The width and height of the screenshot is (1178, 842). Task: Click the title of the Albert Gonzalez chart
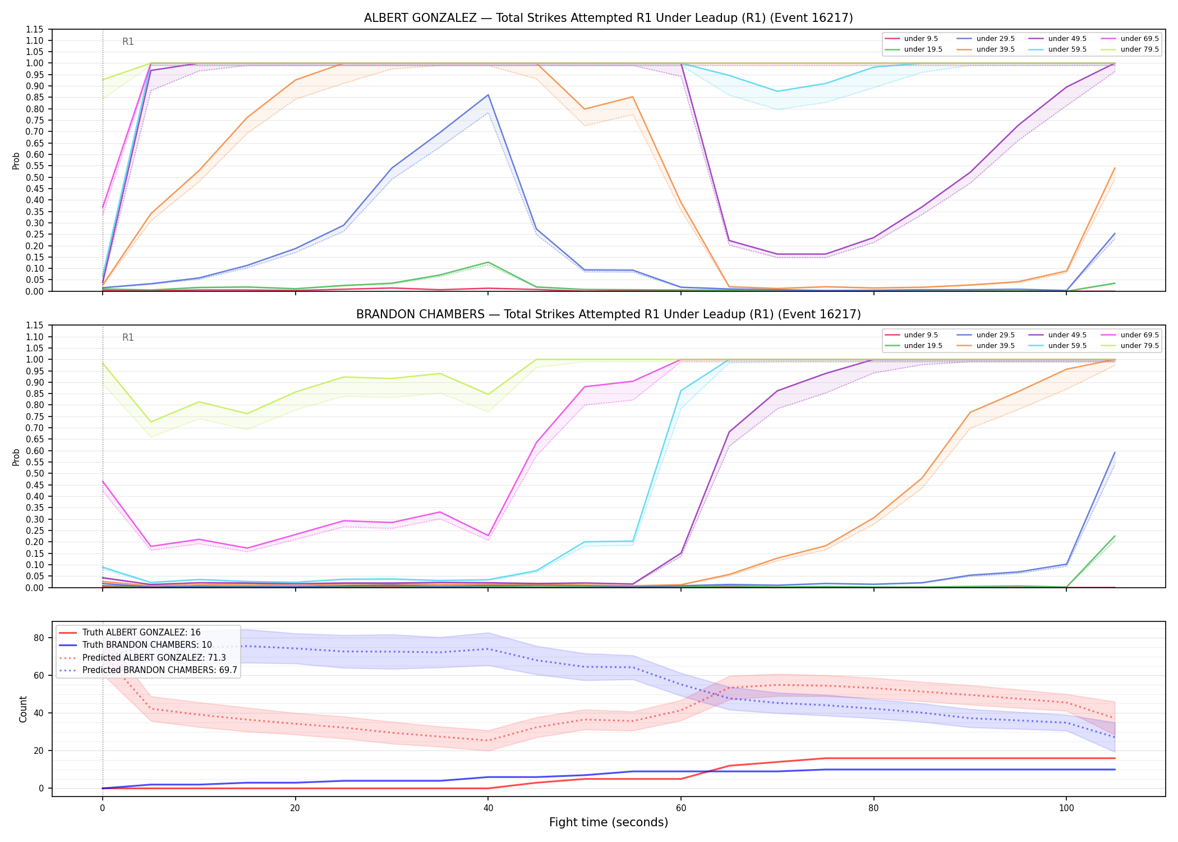609,18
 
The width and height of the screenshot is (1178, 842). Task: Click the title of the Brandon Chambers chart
609,314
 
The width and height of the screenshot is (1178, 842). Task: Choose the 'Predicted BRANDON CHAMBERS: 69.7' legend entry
148,670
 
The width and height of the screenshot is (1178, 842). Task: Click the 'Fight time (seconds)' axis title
609,822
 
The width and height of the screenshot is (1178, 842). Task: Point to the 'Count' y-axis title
23,709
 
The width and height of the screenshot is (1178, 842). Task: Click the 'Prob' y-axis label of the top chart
16,161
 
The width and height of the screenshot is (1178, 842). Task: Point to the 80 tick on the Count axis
39,638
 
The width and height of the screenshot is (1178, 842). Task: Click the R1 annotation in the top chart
128,42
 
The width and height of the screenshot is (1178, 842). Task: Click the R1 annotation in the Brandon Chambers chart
128,337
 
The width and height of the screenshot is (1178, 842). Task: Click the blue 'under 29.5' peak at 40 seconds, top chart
488,95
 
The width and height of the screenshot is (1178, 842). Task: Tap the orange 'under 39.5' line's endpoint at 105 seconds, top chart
1114,168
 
